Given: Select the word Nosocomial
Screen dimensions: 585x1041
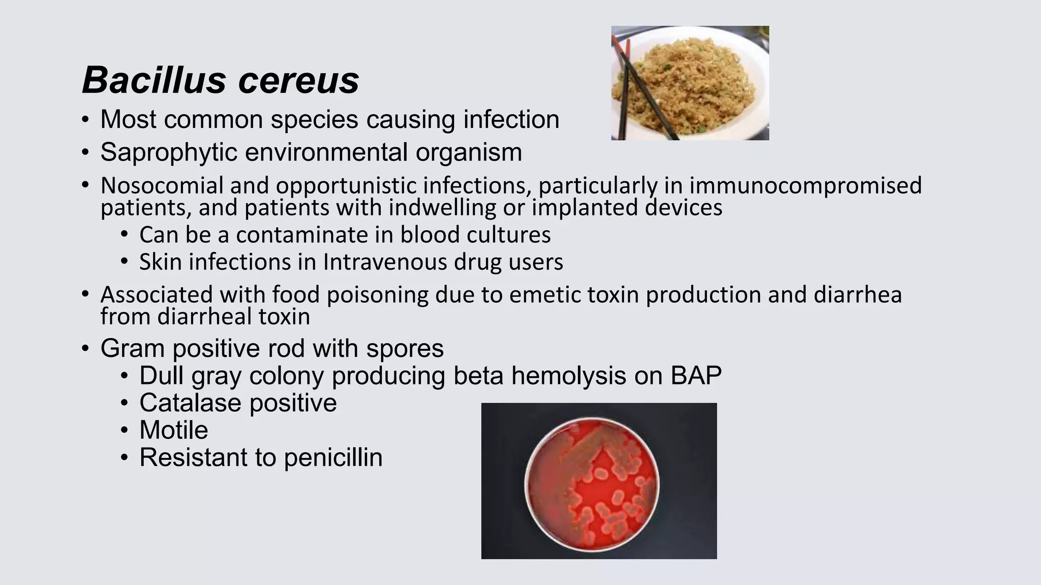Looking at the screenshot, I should pos(162,185).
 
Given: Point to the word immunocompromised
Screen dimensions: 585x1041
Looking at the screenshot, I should pos(805,185).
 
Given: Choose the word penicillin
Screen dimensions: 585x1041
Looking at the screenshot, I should pos(333,458).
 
